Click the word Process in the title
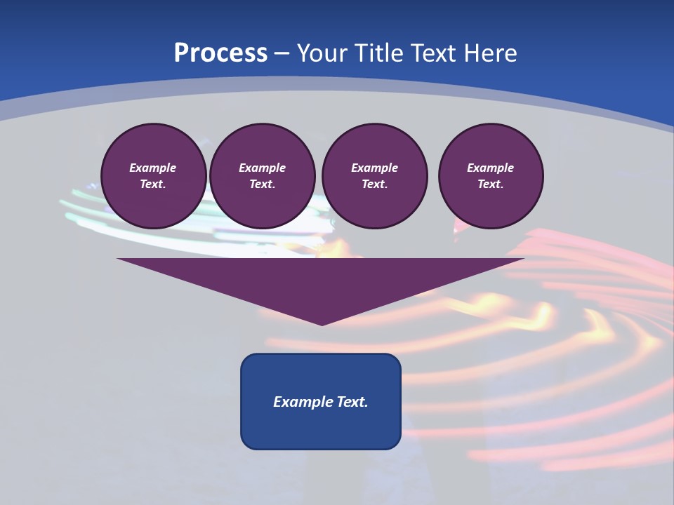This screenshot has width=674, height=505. [x=220, y=53]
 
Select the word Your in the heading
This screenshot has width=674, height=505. [x=320, y=53]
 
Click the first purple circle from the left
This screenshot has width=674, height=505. [x=153, y=176]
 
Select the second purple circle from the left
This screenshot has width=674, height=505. [x=262, y=176]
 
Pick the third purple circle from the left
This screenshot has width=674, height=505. [x=374, y=176]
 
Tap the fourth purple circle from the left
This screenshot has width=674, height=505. [x=491, y=176]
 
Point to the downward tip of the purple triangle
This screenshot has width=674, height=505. [x=322, y=324]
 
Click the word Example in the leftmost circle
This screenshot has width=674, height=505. [x=153, y=168]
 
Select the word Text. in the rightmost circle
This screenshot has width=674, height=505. [x=491, y=184]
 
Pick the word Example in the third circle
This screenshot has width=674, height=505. [x=374, y=168]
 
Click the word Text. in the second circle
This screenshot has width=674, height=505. [x=262, y=184]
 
